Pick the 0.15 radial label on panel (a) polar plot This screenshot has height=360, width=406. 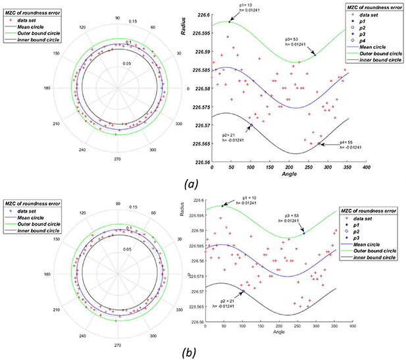(132, 22)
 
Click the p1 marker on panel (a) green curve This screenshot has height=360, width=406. (230, 22)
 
